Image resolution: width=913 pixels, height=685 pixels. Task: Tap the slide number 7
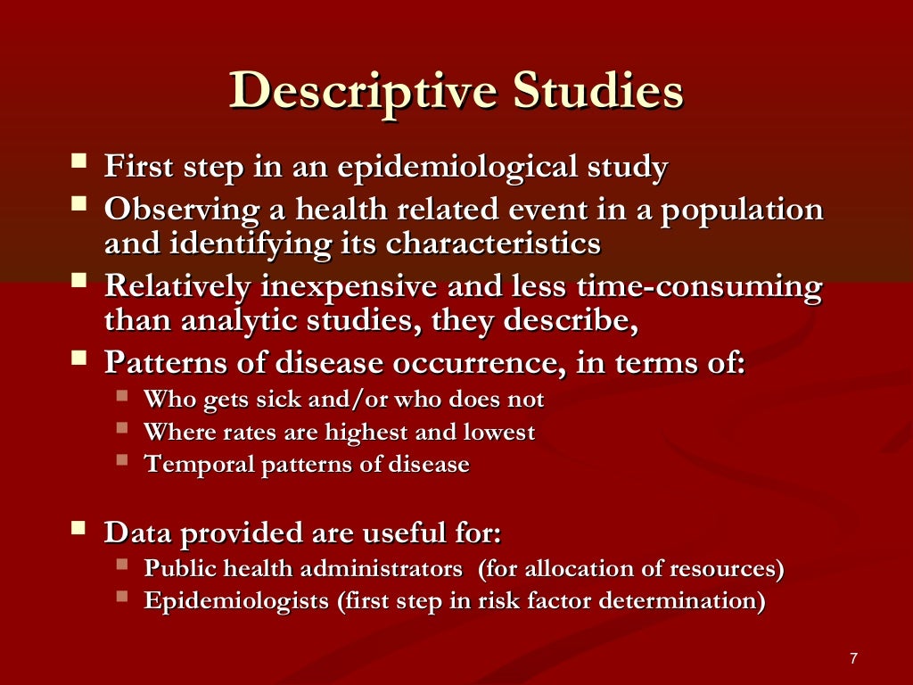853,659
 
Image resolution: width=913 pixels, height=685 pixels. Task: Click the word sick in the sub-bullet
284,400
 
